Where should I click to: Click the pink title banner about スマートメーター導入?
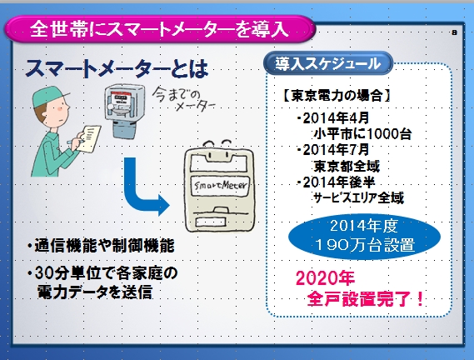point(160,29)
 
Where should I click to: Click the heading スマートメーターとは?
point(117,68)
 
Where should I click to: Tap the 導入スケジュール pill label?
point(328,63)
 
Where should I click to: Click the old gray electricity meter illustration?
point(124,111)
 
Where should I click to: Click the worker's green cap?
point(48,96)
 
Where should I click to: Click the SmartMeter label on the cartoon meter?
point(221,185)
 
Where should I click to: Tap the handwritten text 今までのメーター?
point(184,99)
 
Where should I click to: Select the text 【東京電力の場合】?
point(337,96)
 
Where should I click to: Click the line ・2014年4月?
point(332,118)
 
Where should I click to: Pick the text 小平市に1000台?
point(362,133)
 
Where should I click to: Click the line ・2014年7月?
point(332,150)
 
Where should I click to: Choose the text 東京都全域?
point(347,166)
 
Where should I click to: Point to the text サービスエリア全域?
point(358,197)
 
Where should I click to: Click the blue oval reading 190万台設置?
point(364,237)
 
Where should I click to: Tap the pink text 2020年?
point(325,278)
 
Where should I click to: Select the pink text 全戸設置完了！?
point(365,299)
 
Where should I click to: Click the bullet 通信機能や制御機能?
point(101,245)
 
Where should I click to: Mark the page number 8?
point(454,32)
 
